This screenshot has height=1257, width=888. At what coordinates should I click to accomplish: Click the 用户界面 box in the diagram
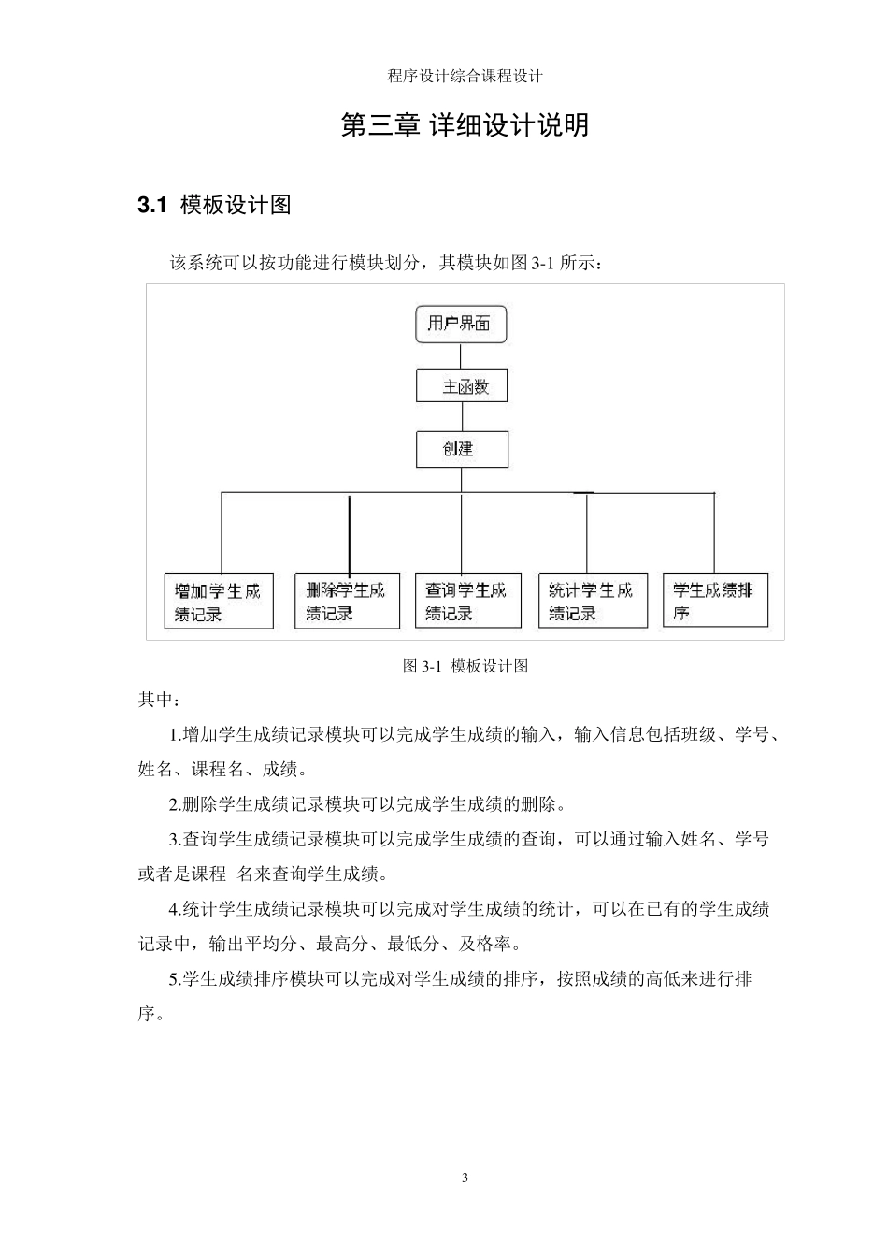tap(460, 325)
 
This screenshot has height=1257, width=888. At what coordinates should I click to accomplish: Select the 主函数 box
tap(462, 386)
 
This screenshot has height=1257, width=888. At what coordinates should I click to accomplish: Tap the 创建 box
tap(462, 449)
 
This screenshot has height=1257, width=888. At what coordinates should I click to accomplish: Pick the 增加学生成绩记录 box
tap(219, 601)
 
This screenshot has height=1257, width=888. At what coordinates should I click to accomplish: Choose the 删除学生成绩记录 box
tap(347, 601)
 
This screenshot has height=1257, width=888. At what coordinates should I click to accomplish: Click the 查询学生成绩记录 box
tap(467, 601)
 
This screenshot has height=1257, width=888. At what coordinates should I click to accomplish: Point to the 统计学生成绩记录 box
tap(593, 601)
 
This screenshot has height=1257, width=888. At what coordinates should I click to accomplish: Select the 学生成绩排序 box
tap(715, 601)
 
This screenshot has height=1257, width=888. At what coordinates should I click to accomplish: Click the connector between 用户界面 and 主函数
tap(461, 356)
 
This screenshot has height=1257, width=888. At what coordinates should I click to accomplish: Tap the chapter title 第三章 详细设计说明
tap(465, 125)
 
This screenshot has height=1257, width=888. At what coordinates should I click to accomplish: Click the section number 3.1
tap(151, 206)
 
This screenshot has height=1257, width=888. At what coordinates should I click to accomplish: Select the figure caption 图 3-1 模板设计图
tap(465, 666)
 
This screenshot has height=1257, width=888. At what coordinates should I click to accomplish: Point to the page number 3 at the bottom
tap(465, 1178)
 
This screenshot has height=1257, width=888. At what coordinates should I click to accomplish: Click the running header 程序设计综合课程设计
tap(465, 77)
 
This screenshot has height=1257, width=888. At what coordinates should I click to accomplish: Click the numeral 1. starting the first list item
tap(175, 735)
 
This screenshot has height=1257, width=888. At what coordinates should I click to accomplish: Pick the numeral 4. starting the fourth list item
tap(175, 909)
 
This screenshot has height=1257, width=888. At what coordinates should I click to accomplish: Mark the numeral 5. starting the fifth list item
tap(175, 980)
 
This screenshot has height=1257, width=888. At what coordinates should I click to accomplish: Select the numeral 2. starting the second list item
tap(175, 804)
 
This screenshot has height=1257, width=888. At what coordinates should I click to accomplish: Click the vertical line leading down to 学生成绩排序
tap(714, 533)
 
